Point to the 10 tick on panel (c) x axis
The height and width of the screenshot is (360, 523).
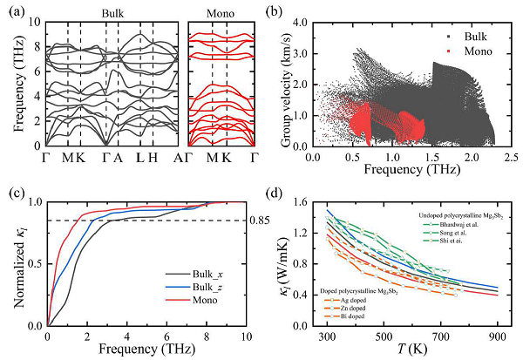click(x=247, y=337)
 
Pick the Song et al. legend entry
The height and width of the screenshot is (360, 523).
click(x=456, y=231)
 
